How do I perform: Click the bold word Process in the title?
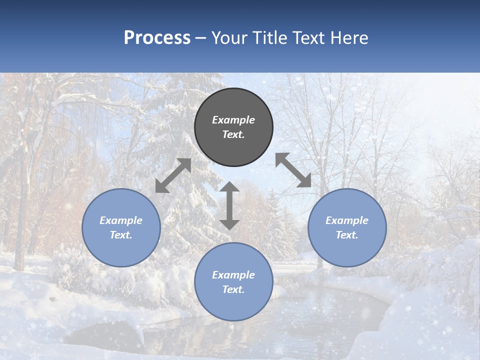click(x=157, y=38)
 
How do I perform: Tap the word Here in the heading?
click(x=349, y=38)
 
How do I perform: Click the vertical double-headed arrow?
click(x=229, y=205)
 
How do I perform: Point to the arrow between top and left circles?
click(x=173, y=175)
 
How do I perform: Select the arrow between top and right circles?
click(x=293, y=170)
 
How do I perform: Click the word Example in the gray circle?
click(x=233, y=120)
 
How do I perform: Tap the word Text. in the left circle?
click(x=121, y=235)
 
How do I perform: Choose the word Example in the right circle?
click(x=347, y=220)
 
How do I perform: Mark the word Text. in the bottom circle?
click(x=233, y=289)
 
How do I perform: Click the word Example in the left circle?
click(x=121, y=220)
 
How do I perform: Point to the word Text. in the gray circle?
click(x=233, y=134)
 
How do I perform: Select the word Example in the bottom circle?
click(x=233, y=275)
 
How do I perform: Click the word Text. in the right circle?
click(x=347, y=235)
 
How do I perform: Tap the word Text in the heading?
click(x=309, y=38)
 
